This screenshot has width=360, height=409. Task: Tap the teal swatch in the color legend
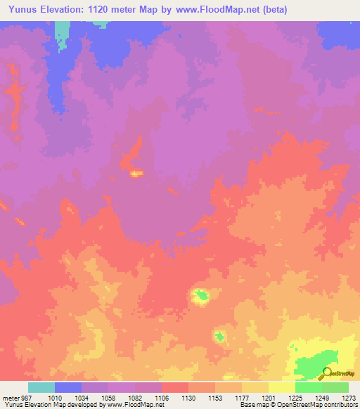tap(41, 387)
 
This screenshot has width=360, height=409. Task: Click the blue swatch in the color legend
tap(68, 387)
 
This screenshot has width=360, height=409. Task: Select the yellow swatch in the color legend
tap(282, 387)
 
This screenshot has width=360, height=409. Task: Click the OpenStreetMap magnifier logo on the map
tap(328, 373)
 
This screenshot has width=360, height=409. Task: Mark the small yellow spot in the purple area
tap(136, 173)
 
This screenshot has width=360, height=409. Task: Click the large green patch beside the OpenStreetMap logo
tap(309, 365)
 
